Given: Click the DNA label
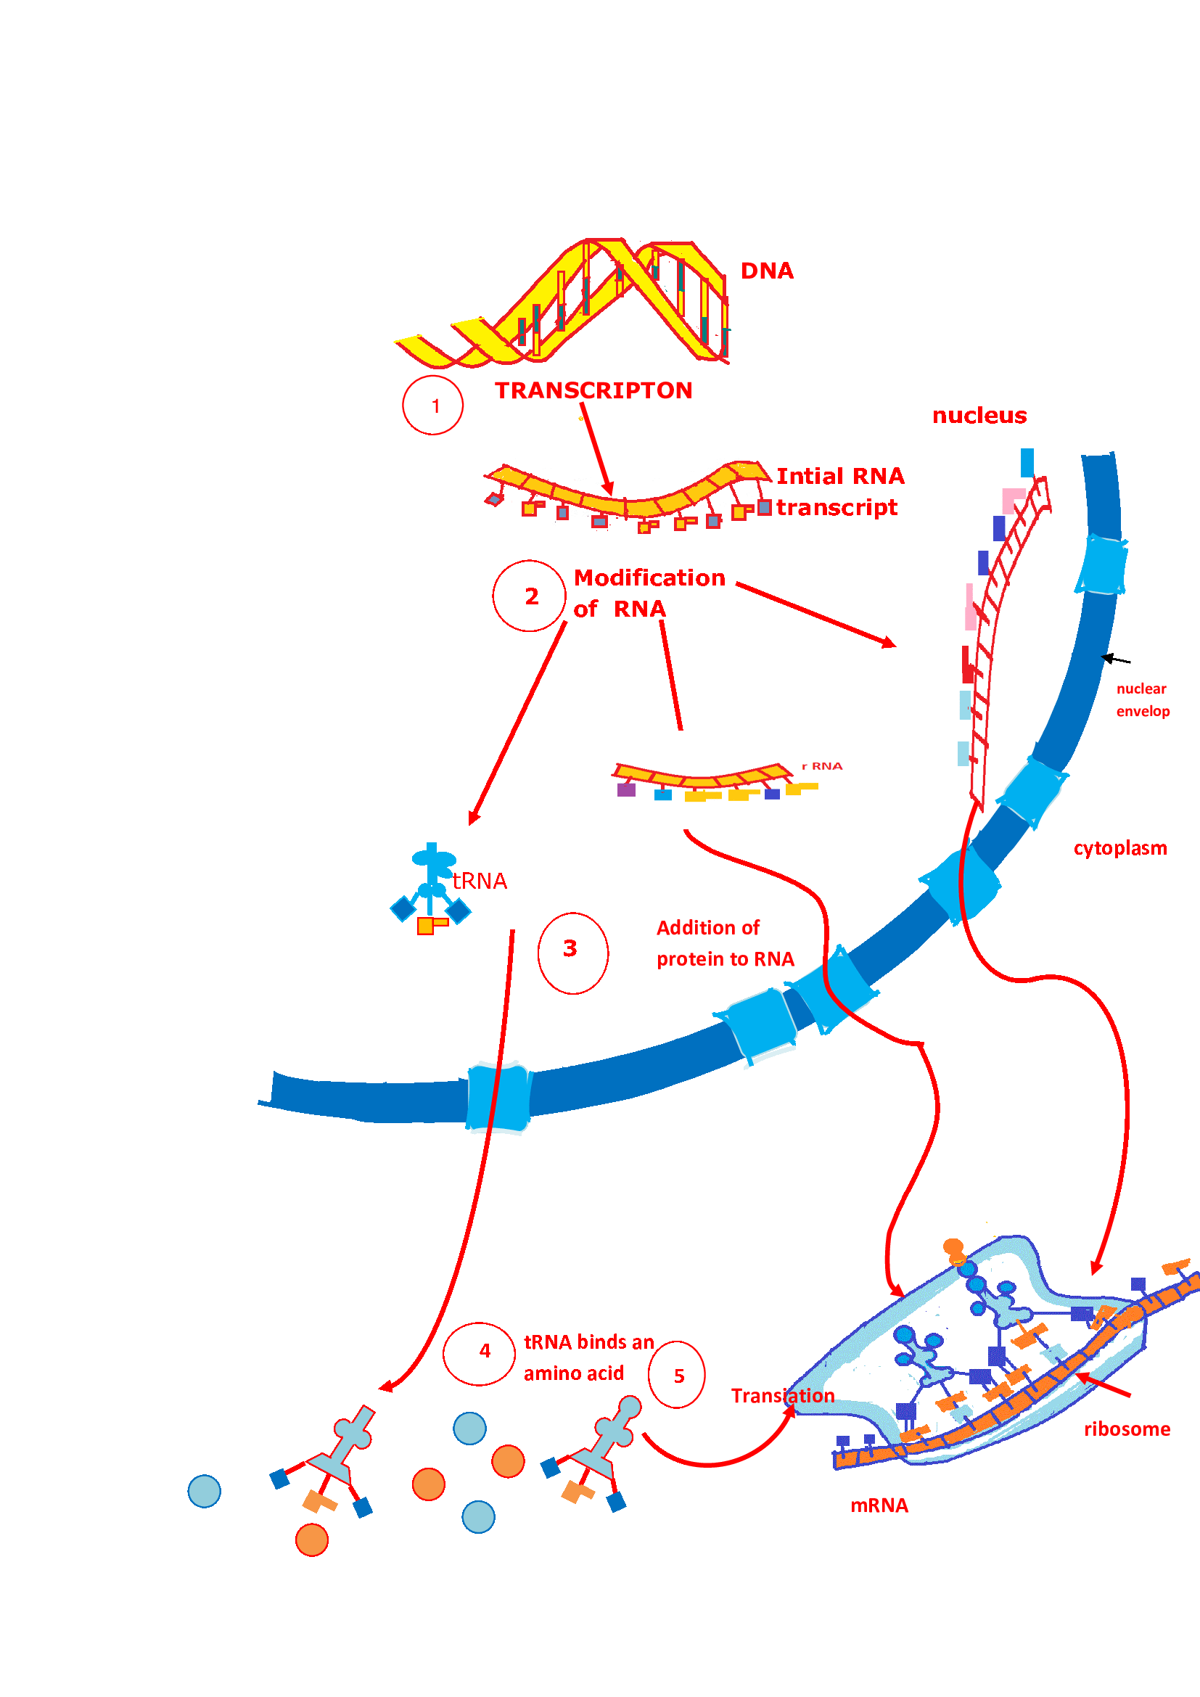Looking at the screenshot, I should (x=766, y=271).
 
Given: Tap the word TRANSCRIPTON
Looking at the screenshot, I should (x=593, y=390).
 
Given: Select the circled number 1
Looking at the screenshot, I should (x=435, y=406).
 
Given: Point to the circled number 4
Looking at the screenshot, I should (x=485, y=1351).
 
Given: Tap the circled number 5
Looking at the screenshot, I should (x=678, y=1376).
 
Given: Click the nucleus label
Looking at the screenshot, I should (x=979, y=416).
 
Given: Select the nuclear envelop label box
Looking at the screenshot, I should (x=1143, y=700).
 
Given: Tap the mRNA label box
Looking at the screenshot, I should (x=883, y=1505).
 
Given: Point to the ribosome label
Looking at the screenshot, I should (x=1126, y=1429).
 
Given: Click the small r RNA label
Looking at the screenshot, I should (x=822, y=765).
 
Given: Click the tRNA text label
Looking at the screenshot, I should (x=480, y=881).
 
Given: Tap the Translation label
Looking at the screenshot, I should (x=783, y=1395).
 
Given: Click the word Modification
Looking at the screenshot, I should (x=649, y=578).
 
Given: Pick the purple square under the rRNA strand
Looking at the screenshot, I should (x=626, y=790).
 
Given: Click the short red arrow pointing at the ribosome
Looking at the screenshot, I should (x=1104, y=1384).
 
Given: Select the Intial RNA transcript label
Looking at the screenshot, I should (x=839, y=491).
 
